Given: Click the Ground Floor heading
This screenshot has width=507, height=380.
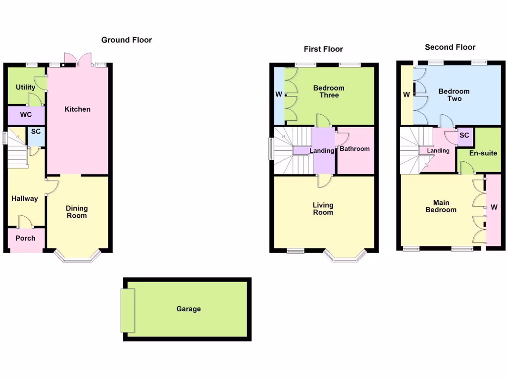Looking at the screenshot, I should (x=127, y=40).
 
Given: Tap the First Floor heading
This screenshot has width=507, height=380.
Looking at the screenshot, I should (x=323, y=49).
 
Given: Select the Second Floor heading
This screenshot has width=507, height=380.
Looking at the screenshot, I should (x=450, y=47).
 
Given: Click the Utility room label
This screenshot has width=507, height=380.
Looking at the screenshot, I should (x=25, y=88).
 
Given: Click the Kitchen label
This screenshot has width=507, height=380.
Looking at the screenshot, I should (x=78, y=109).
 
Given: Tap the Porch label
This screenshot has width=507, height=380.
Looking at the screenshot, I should (x=25, y=238).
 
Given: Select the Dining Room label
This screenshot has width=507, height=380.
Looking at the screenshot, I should (x=77, y=212).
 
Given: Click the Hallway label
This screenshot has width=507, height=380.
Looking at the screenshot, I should (x=25, y=199).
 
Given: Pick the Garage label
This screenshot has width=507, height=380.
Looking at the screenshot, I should (x=189, y=309).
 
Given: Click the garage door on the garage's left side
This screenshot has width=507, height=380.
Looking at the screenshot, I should (x=127, y=310).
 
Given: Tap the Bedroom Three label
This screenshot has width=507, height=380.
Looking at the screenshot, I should (x=329, y=92).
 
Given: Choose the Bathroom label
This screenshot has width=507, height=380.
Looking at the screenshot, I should (x=355, y=149).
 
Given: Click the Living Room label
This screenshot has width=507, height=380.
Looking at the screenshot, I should (x=323, y=209).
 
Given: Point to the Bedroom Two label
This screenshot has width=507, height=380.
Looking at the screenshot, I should (x=454, y=95).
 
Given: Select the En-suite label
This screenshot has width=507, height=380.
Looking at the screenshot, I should (x=483, y=153).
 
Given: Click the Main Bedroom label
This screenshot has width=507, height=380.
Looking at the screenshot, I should (x=441, y=206).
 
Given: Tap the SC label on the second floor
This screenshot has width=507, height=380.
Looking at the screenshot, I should (x=464, y=136).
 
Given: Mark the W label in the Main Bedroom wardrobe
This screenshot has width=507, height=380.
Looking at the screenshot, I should (x=494, y=208).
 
